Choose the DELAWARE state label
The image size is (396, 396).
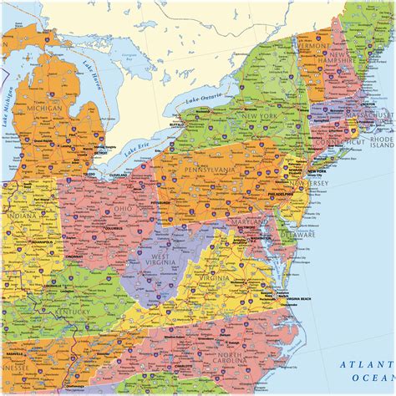tap(299, 237)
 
